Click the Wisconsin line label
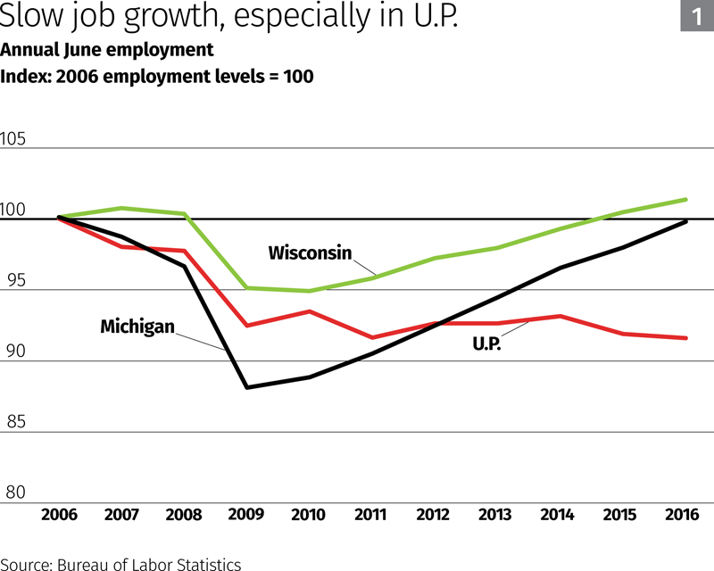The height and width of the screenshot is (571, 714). click(x=310, y=252)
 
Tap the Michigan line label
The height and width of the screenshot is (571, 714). click(x=137, y=327)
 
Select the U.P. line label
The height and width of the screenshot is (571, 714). click(x=486, y=342)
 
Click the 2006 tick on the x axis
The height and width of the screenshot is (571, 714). click(x=59, y=515)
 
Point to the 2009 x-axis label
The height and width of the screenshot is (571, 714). click(x=246, y=515)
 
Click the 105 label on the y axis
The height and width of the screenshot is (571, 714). click(x=16, y=140)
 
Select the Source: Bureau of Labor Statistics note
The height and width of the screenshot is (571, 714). click(x=121, y=563)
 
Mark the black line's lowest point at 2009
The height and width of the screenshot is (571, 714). click(x=246, y=387)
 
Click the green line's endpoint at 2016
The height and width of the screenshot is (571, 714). click(x=685, y=200)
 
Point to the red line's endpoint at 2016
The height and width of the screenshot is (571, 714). click(x=685, y=338)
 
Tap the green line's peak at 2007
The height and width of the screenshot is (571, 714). click(x=122, y=208)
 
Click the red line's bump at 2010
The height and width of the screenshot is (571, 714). click(x=309, y=311)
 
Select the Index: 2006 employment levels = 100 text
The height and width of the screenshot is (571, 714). click(x=157, y=76)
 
